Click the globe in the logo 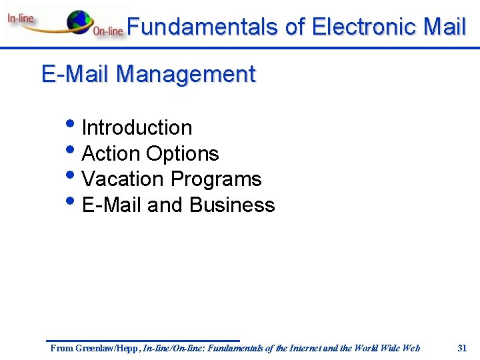[x=81, y=21]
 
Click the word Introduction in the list [x=137, y=127]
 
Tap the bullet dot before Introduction [x=71, y=125]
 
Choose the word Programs [x=216, y=179]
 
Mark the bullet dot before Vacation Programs [x=71, y=176]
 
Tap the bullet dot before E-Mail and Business [x=71, y=202]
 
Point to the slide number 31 [x=462, y=347]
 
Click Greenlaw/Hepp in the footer [x=106, y=348]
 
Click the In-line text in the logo [x=21, y=18]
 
